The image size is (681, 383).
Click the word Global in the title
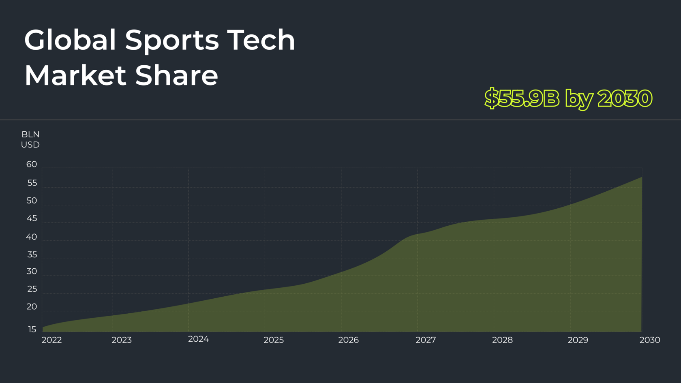(70, 40)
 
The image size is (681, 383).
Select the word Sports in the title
(172, 41)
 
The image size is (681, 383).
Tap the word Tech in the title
(261, 40)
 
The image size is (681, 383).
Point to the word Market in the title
(75, 75)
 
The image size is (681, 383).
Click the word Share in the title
(177, 75)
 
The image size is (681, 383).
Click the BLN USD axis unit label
(30, 139)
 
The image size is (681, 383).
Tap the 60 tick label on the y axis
(32, 165)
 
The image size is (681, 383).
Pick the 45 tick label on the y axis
(32, 218)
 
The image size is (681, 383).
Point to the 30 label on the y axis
(32, 272)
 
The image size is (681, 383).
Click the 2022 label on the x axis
(52, 340)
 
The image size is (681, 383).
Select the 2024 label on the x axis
(198, 339)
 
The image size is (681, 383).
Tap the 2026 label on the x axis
(348, 340)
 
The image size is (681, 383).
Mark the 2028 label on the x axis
(502, 340)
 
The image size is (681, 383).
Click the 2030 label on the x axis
(650, 340)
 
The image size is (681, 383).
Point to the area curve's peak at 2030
(642, 177)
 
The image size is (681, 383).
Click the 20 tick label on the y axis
(32, 307)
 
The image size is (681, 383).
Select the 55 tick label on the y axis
(32, 183)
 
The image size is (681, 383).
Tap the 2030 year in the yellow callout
(625, 98)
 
